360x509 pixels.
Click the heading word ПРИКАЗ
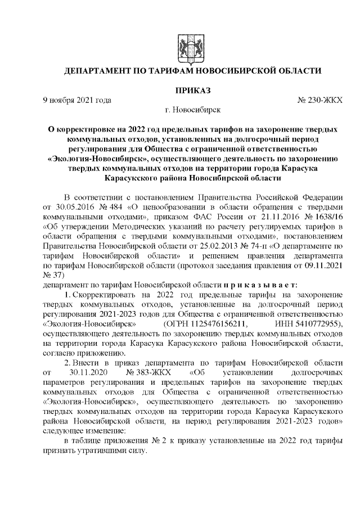tap(191, 89)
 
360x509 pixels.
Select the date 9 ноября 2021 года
tap(77, 100)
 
